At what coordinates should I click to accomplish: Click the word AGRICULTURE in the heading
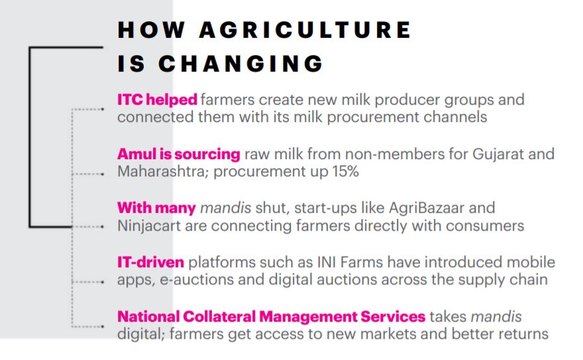coord(305,30)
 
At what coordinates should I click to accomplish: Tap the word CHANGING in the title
coord(240,63)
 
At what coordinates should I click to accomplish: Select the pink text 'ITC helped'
coord(157,99)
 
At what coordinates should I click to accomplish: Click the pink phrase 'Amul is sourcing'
coord(178,154)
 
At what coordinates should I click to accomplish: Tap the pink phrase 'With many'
coord(156,208)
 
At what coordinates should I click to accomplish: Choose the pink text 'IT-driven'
coord(150,262)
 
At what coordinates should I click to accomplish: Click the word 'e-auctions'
coord(197,280)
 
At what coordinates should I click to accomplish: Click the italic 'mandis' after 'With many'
coord(226,208)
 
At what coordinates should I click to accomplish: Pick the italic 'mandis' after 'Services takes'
coord(496,316)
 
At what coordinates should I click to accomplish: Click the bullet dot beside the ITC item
coord(102,109)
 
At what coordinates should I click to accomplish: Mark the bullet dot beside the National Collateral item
coord(102,327)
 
